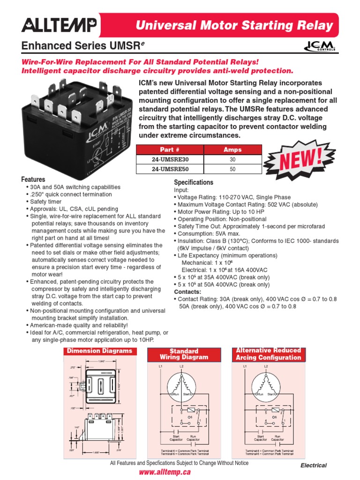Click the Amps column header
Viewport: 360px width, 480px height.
click(x=232, y=150)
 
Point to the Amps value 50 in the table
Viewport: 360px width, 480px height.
click(x=232, y=169)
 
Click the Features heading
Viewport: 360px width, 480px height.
click(x=33, y=180)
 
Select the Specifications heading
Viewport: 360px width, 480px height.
click(x=194, y=182)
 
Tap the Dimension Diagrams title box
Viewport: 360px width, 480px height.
click(x=99, y=351)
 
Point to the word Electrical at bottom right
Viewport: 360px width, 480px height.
click(x=314, y=465)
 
